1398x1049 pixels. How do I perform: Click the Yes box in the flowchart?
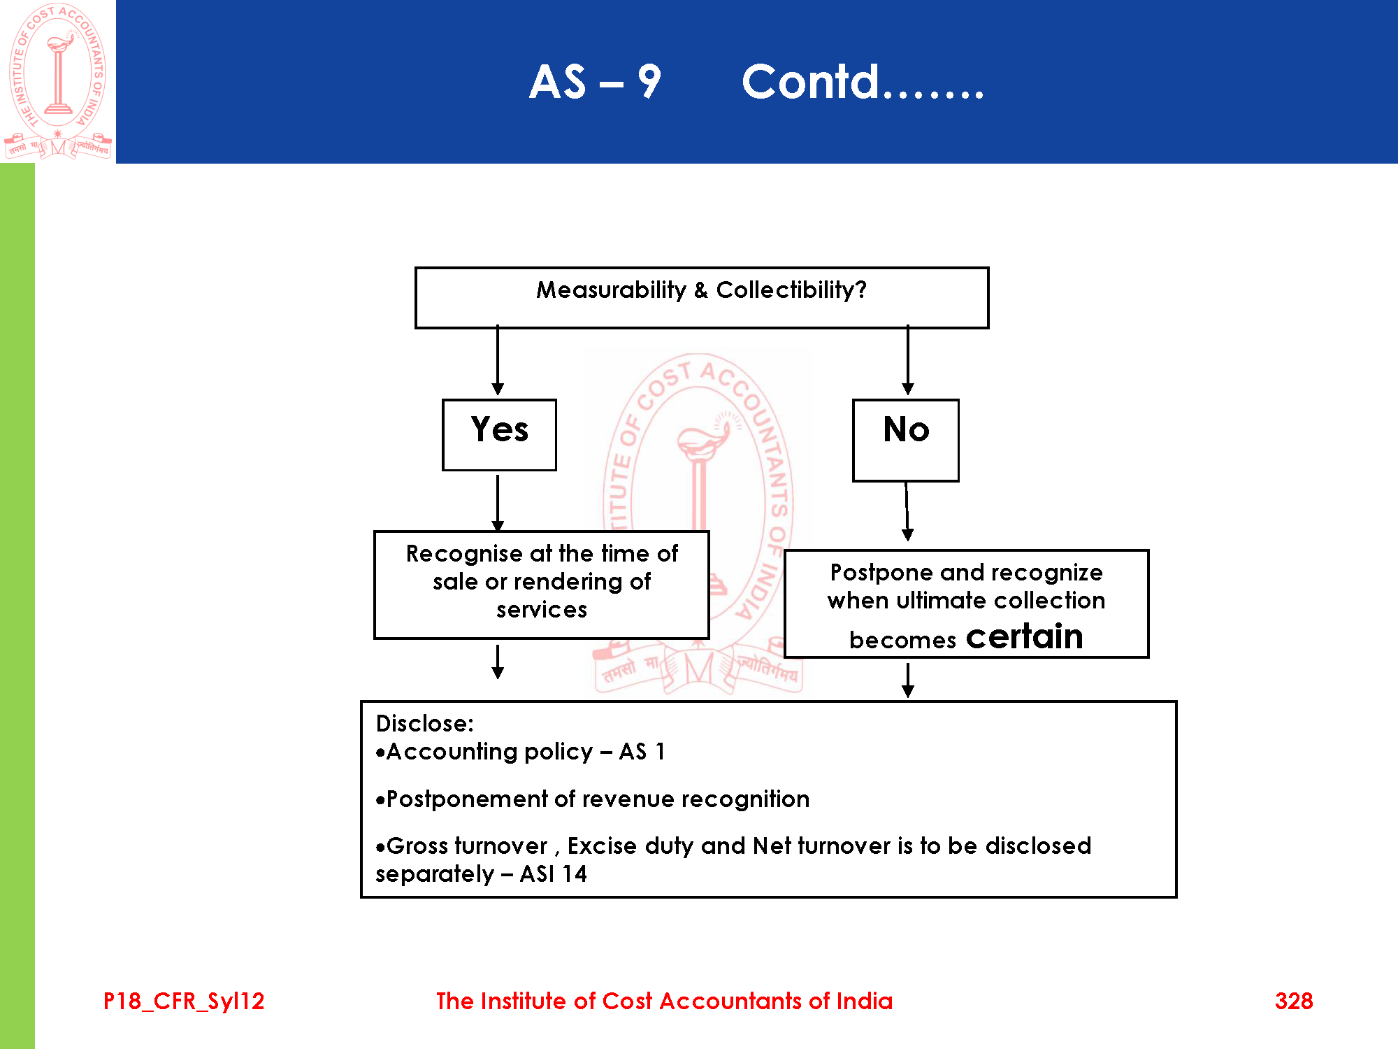coord(499,434)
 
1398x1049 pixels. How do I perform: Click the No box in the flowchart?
coord(905,440)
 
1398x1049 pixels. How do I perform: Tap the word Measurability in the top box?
coord(611,290)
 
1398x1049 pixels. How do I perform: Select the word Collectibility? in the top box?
coord(791,290)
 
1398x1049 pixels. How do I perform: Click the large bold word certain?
coord(1024,636)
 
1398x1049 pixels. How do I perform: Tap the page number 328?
coord(1293,1001)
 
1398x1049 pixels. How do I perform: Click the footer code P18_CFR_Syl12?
coord(184,1001)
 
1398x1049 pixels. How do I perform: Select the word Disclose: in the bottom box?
coord(424,723)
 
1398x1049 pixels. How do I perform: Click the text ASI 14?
coord(553,874)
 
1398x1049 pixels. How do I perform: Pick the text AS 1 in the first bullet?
coord(642,752)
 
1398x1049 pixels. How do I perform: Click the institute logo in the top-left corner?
coord(58,81)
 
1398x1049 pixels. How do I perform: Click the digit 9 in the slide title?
coord(649,82)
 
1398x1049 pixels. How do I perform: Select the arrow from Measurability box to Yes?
coord(498,360)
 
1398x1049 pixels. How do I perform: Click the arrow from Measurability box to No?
coord(907,360)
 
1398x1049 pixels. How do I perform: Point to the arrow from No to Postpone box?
coord(907,511)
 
